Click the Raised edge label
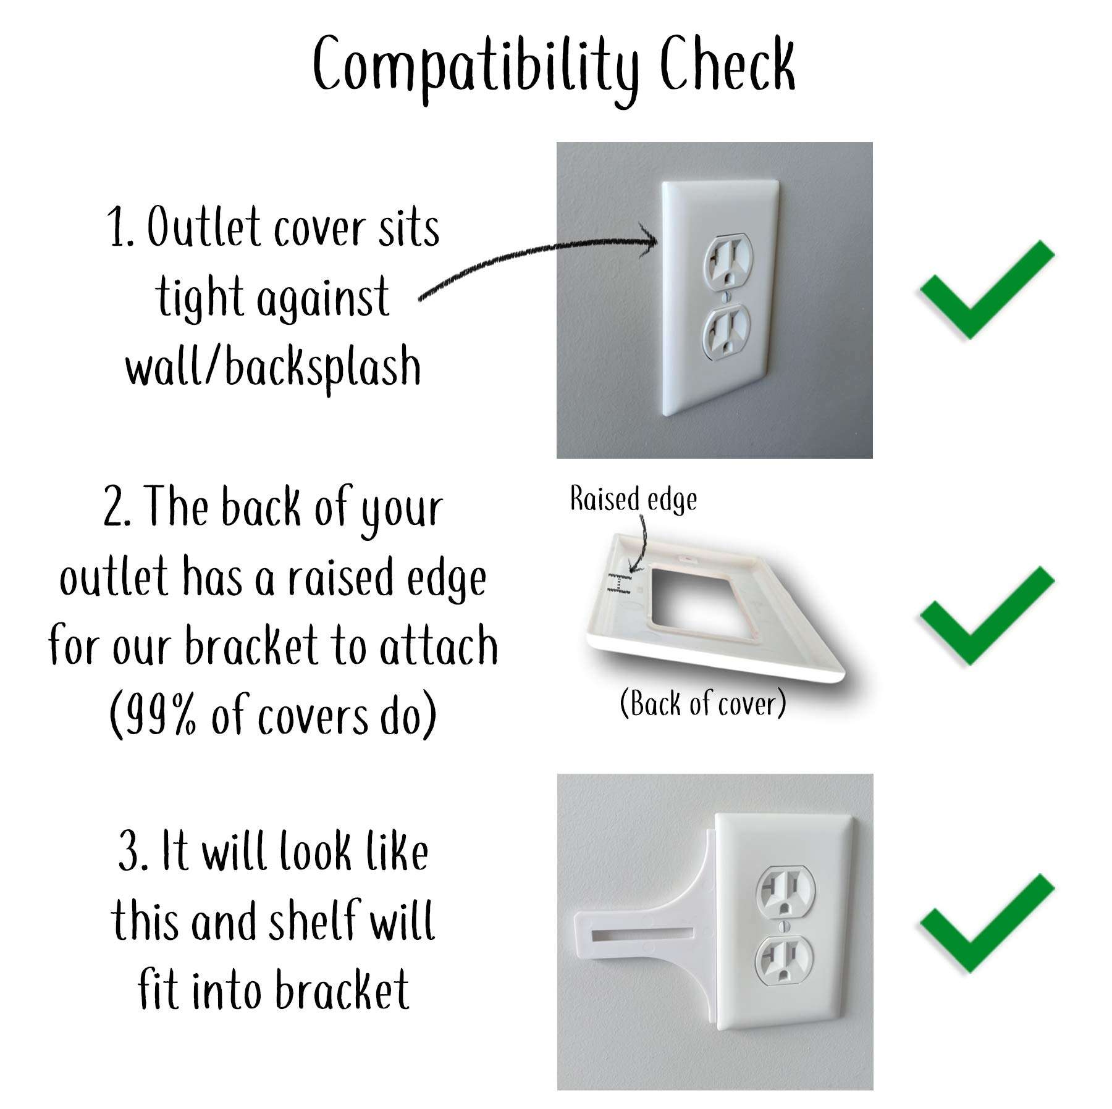(633, 500)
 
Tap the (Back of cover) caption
(703, 704)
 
